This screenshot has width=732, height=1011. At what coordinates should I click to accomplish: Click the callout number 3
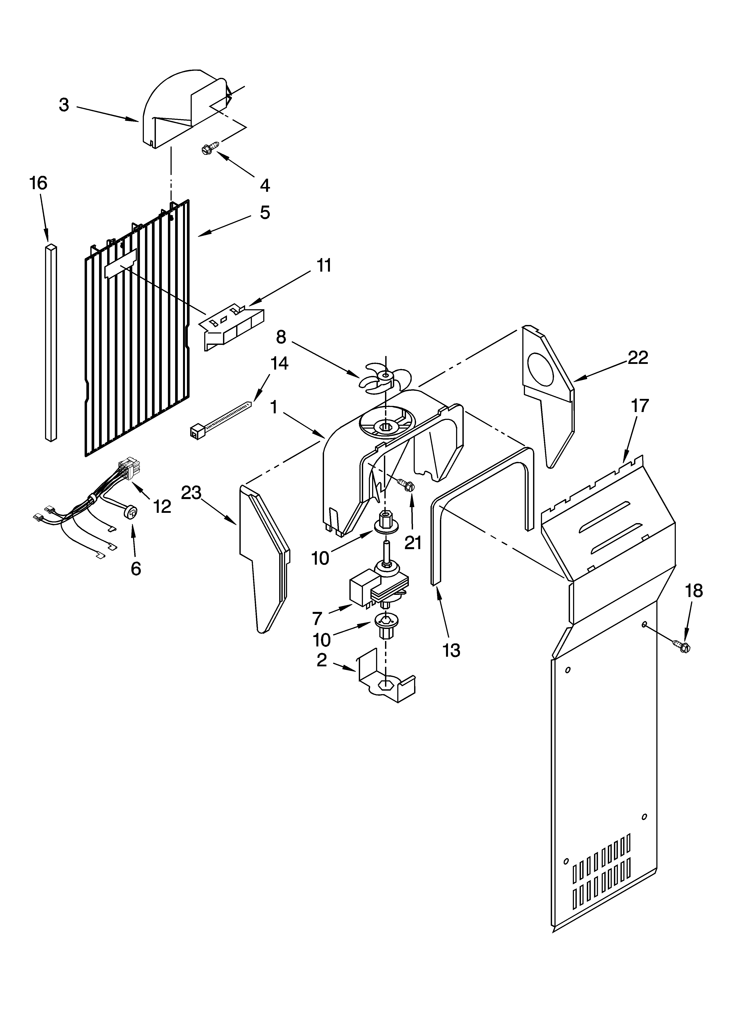click(64, 105)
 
